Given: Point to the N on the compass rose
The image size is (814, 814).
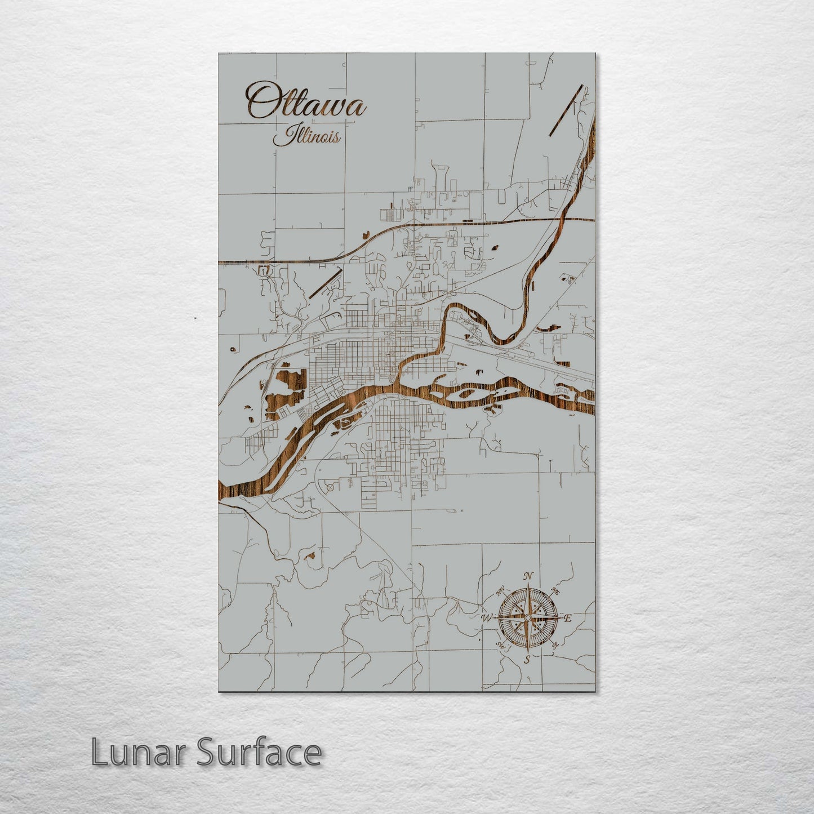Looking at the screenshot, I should [x=528, y=576].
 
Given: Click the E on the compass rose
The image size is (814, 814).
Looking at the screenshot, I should [x=568, y=619].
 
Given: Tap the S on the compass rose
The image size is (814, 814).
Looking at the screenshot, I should [x=527, y=659].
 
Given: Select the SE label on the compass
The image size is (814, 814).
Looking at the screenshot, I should [x=555, y=645].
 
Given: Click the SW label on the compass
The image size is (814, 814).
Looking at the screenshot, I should [x=500, y=645].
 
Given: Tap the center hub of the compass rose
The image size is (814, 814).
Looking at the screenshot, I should [x=527, y=618].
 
